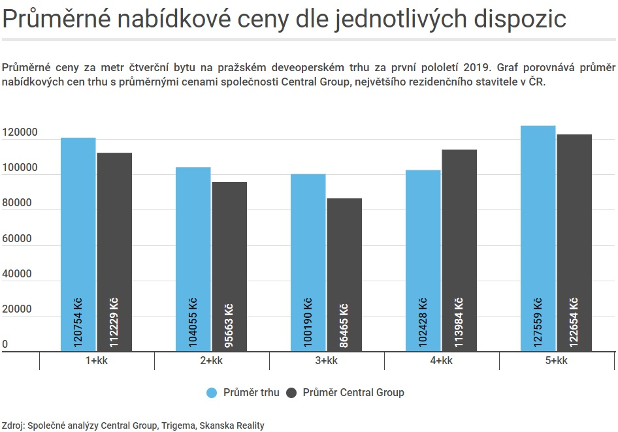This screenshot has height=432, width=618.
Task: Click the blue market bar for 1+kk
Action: pyautogui.click(x=78, y=244)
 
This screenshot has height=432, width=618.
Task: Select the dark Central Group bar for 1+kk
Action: pyautogui.click(x=114, y=252)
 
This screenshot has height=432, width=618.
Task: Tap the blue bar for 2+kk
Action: pyautogui.click(x=193, y=259)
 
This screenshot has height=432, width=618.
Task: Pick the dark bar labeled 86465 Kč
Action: pyautogui.click(x=344, y=275)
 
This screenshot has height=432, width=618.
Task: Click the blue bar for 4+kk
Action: pyautogui.click(x=423, y=260)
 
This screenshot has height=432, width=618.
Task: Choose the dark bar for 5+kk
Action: pyautogui.click(x=574, y=243)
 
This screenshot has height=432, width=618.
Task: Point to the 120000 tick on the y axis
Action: pyautogui.click(x=20, y=132)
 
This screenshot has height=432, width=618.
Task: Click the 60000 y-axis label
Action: pyautogui.click(x=16, y=238)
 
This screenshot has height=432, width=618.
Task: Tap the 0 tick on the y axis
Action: pyautogui.click(x=5, y=344)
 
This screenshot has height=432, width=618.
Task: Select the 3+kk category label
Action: pyautogui.click(x=327, y=360)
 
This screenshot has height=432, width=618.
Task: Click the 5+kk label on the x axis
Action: pyautogui.click(x=556, y=360)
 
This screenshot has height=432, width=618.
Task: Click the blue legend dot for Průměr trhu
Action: pyautogui.click(x=212, y=393)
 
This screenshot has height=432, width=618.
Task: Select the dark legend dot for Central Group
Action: pyautogui.click(x=291, y=393)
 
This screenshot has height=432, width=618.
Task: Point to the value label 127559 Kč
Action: pyautogui.click(x=538, y=322)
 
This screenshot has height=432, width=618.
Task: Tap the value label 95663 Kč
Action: pyautogui.click(x=229, y=326)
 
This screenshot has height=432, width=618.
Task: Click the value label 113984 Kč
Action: pyautogui.click(x=459, y=322)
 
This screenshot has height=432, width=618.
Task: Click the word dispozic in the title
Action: pyautogui.click(x=520, y=18)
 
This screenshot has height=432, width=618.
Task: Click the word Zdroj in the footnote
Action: pyautogui.click(x=13, y=425)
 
